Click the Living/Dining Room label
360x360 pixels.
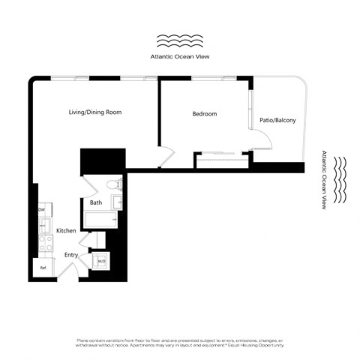click(95, 112)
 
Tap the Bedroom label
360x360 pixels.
click(204, 114)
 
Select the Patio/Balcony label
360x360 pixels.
click(277, 120)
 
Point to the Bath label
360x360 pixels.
click(96, 202)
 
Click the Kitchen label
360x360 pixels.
click(65, 230)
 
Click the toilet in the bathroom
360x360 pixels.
click(112, 183)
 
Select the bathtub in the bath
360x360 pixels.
click(101, 220)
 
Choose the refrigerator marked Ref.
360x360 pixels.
click(43, 268)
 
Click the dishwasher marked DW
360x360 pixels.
click(42, 209)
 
